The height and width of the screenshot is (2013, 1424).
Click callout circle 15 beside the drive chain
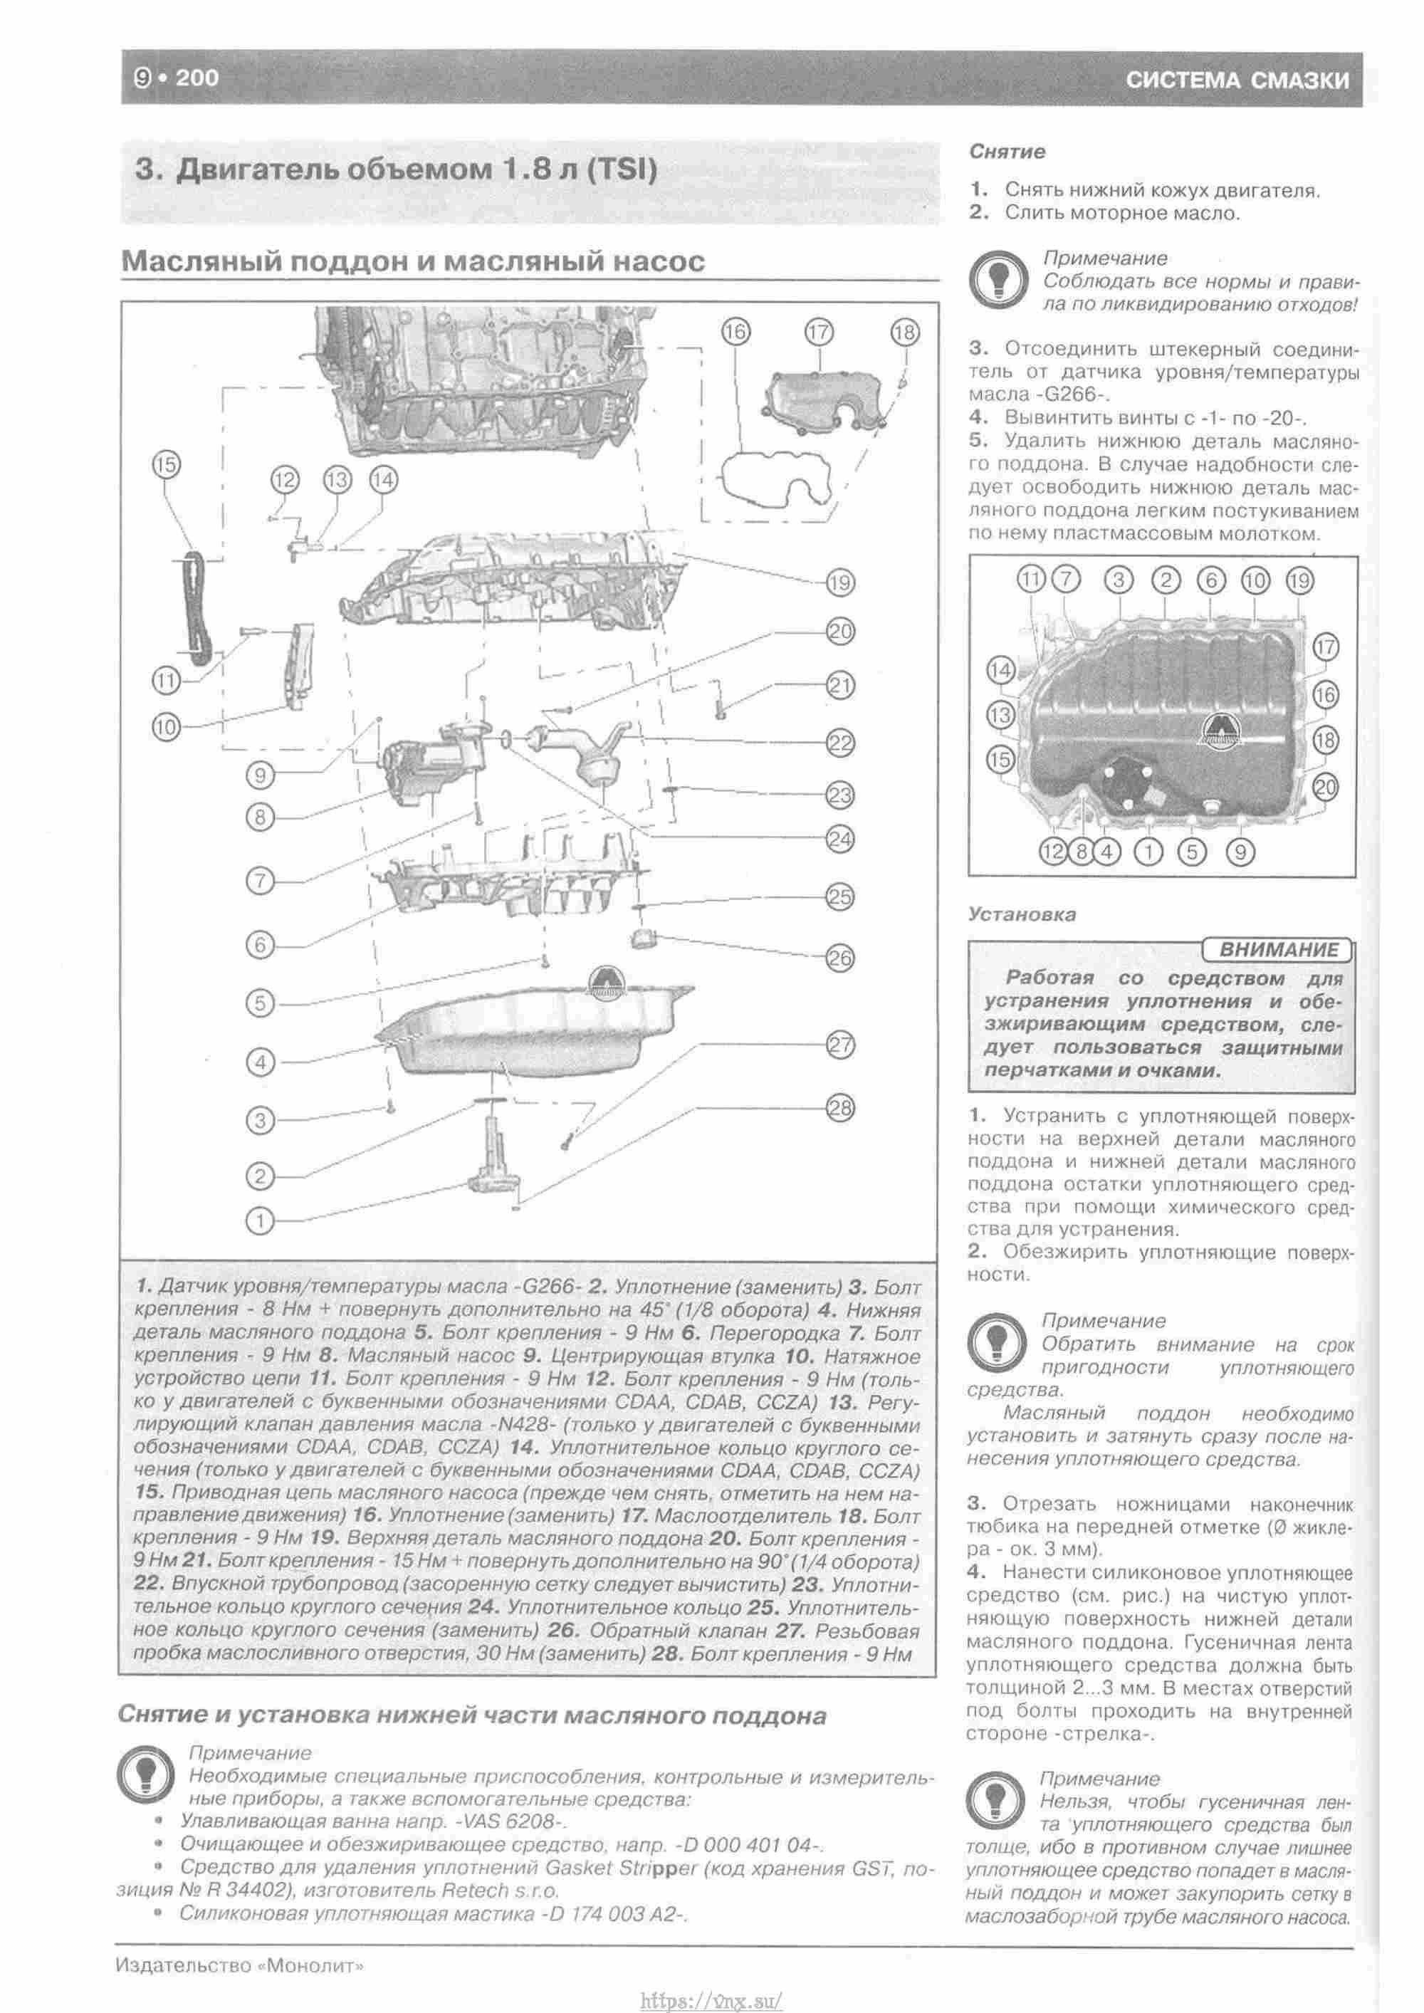[166, 465]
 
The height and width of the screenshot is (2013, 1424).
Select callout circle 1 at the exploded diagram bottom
[261, 1220]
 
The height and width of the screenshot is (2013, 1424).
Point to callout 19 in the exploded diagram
[840, 582]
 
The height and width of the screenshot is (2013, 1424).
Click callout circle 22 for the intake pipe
[840, 743]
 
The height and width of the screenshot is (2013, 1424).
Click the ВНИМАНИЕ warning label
[1279, 949]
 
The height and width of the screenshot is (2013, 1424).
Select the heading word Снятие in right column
[1007, 152]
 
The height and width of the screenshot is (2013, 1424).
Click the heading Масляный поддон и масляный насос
[412, 261]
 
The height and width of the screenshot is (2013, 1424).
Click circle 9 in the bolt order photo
[1239, 850]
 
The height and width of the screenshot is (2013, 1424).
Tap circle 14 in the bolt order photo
[1000, 671]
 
